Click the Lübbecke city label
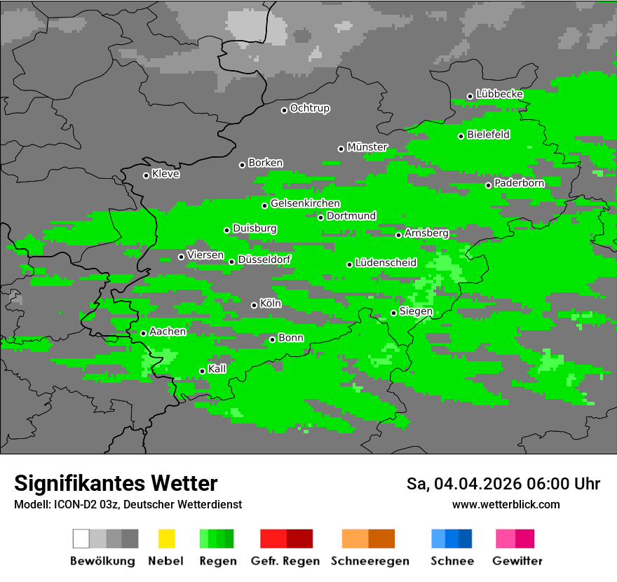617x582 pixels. coord(499,94)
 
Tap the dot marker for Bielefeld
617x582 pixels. coord(461,136)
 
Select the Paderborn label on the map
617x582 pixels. coord(519,183)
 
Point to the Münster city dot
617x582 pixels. coord(341,149)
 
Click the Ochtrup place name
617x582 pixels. coord(309,108)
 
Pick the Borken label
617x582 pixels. coord(265,163)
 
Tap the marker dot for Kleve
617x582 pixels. coord(147,175)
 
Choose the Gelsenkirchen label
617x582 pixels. coord(305,203)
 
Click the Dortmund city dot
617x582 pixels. coord(321,217)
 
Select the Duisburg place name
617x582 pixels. coord(255,229)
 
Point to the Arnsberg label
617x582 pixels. coord(426,233)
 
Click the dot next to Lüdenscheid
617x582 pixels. coord(350,264)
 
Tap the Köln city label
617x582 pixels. coord(270,304)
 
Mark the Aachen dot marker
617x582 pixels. coord(144,333)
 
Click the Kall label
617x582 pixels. coord(217,369)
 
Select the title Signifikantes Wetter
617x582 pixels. coord(116,483)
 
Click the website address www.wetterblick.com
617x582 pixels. coord(506,504)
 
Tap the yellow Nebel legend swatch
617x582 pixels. coord(166,539)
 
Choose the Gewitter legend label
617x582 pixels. coord(517,561)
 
